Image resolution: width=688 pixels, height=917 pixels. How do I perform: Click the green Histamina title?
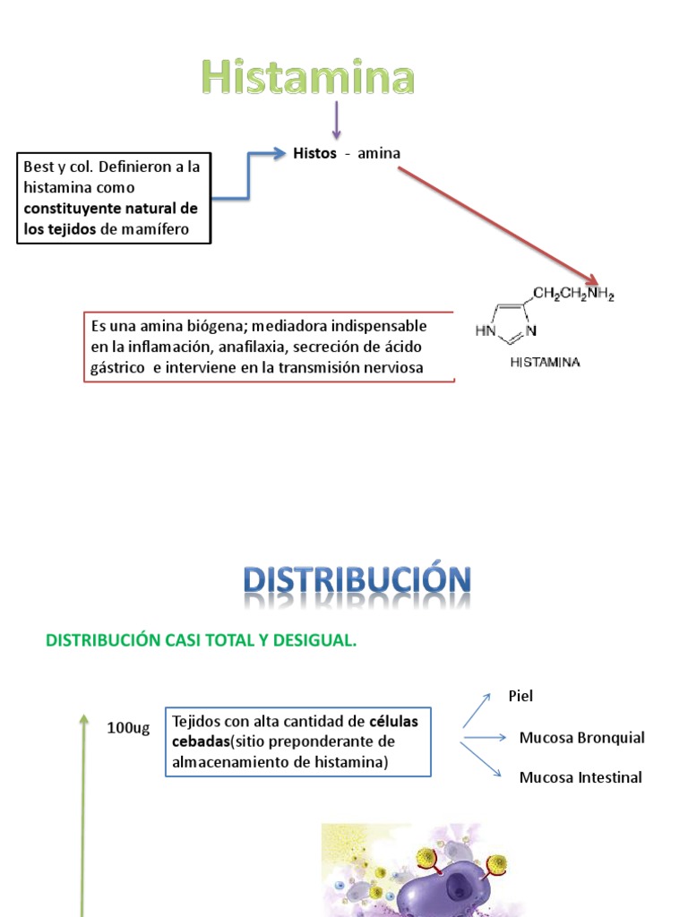point(308,78)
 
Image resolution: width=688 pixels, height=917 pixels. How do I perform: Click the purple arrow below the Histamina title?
point(337,120)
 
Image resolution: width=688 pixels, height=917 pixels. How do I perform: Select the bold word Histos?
point(314,153)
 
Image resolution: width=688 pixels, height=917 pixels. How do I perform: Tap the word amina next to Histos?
point(379,153)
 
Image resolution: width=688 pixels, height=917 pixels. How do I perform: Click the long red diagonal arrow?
point(497,224)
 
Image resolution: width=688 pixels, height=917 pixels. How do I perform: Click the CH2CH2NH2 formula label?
point(573,294)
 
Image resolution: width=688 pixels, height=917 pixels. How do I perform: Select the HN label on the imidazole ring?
point(485,330)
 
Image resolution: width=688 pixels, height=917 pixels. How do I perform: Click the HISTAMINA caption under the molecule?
point(545,363)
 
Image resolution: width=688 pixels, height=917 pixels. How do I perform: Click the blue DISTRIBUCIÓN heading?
point(357,582)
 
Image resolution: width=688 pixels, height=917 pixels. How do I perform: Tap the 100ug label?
point(128,727)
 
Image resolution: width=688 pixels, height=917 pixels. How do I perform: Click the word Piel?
point(520,695)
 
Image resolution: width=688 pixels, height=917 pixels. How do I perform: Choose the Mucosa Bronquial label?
point(581,738)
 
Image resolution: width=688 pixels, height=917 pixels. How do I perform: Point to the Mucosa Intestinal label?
point(580,777)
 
